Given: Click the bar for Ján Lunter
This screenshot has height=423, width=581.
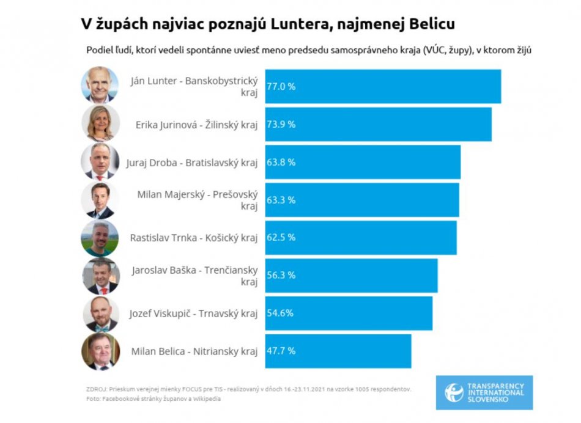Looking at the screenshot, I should pos(382,87).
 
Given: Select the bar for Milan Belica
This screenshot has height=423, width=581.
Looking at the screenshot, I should pos(338,351).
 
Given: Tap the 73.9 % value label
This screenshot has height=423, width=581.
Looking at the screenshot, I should pos(281,124).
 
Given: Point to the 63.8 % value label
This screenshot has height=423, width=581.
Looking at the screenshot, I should pos(281,162).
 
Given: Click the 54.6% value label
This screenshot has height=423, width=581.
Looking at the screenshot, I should pos(280,313).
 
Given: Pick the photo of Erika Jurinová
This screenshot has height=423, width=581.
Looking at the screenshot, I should pos(100,123).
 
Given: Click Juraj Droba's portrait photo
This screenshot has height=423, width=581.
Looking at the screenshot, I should pos(100,161).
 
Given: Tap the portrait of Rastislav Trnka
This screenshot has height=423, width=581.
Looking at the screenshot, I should pos(100,238).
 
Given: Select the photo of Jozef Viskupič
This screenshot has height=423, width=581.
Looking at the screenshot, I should pos(100,314).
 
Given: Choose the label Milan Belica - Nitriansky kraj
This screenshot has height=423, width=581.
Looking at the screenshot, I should pos(194,351).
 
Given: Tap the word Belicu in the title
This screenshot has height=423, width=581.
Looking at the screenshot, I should pos(432,24).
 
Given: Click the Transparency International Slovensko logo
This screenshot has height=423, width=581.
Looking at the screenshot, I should pos(484,392).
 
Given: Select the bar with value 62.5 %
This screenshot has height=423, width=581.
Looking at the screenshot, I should pos(361,237).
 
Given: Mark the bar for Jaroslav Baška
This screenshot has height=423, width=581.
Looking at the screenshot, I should pos(351,275).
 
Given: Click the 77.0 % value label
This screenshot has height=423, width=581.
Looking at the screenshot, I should pos(281,87).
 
